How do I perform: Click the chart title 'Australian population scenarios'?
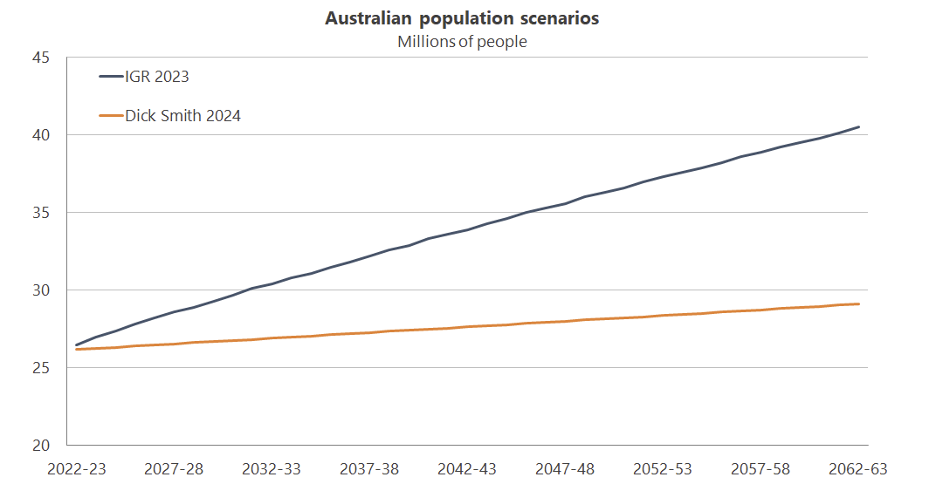tap(462, 18)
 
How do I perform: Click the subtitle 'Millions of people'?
tap(462, 41)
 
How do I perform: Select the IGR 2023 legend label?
tap(157, 77)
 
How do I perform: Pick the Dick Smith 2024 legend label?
tap(182, 115)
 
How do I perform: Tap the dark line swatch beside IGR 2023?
tap(111, 77)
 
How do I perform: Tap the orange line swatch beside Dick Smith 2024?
tap(111, 115)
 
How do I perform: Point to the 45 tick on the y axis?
tap(41, 58)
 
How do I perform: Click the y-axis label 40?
tap(41, 135)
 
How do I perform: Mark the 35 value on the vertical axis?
tap(41, 213)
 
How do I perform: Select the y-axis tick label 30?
tap(41, 290)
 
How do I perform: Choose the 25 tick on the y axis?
tap(41, 368)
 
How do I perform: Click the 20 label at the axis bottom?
tap(41, 446)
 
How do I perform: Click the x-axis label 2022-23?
tap(77, 469)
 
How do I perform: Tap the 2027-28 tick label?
tap(175, 469)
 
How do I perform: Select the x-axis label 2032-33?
tap(272, 469)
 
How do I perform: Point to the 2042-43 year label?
tap(468, 469)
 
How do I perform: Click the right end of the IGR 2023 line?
tap(859, 127)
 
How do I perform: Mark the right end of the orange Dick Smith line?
tap(859, 304)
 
